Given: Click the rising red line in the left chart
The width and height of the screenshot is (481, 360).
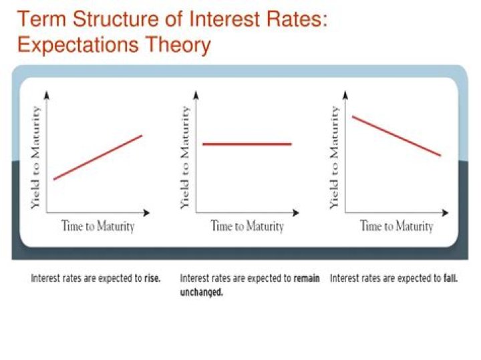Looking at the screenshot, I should [x=98, y=157].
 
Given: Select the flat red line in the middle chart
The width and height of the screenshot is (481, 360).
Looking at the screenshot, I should [x=247, y=144].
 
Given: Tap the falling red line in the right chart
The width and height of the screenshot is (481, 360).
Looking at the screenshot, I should [x=396, y=136].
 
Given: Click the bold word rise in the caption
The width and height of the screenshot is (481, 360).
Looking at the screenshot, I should [x=152, y=279].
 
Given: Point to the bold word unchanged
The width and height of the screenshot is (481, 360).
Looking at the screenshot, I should [x=201, y=292].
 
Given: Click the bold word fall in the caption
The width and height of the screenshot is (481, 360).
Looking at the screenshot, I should [x=450, y=279].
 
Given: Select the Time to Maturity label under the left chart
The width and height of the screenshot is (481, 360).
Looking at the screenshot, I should [x=98, y=226].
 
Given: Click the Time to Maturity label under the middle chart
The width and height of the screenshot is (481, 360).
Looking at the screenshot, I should [x=247, y=226].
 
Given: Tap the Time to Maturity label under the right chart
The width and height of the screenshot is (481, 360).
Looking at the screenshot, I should [x=397, y=226].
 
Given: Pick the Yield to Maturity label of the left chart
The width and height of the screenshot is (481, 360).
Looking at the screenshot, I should [x=36, y=158].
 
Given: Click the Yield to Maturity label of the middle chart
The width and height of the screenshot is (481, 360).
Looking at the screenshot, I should [x=185, y=158].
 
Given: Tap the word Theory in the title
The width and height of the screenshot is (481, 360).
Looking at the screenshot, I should [x=181, y=45].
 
